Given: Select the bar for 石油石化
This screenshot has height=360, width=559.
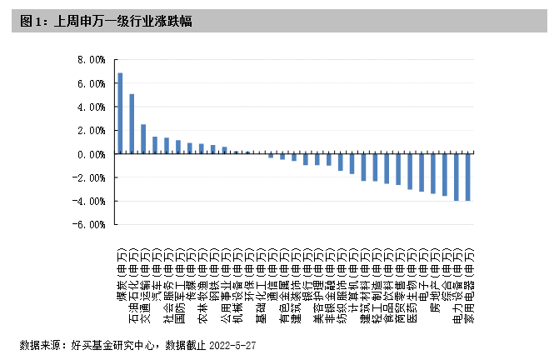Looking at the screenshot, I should pyautogui.click(x=132, y=124).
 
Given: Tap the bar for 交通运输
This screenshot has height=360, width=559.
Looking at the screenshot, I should pyautogui.click(x=143, y=139).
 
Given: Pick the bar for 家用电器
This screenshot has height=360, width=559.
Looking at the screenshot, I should pyautogui.click(x=467, y=177).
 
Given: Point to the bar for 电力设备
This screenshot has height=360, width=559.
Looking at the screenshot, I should pyautogui.click(x=456, y=177).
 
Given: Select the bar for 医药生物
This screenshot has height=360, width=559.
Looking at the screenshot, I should pyautogui.click(x=410, y=172).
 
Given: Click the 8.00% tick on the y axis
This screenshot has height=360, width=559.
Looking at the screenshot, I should pyautogui.click(x=91, y=60).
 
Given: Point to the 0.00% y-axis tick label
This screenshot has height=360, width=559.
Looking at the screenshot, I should pyautogui.click(x=91, y=154).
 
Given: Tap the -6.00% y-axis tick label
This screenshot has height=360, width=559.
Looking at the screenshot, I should pyautogui.click(x=89, y=224).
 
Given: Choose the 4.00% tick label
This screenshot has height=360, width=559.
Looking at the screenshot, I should pyautogui.click(x=91, y=107).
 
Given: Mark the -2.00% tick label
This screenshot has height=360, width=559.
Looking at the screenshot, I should pyautogui.click(x=89, y=177).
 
